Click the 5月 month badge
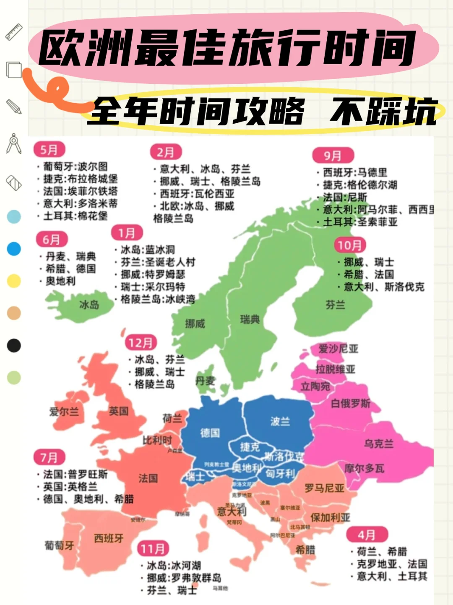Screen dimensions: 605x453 pos(49,150)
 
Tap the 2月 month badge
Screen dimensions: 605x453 pos(166,152)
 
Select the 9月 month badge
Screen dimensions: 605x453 pos(333,156)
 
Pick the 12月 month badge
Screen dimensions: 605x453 pos(141,343)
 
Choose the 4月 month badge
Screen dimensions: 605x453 pos(367,535)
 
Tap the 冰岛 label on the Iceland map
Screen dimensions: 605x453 pos(89,305)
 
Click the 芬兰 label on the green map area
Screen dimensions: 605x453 pos(335,305)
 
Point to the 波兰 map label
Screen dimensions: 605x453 pos(280,421)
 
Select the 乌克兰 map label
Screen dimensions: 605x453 pos(379,444)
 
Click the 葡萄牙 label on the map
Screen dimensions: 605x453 pos(59,545)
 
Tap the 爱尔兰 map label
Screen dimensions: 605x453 pos(64,412)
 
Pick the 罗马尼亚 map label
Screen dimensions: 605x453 pos(324,488)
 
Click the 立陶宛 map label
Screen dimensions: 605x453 pos(315,386)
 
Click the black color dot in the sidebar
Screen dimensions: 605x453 pos(14,345)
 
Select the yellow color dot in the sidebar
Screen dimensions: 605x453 pos(14,281)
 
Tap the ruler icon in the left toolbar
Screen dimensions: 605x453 pos(14,32)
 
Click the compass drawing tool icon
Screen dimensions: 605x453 pos(14,143)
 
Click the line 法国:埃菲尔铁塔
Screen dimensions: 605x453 pos(80,191)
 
